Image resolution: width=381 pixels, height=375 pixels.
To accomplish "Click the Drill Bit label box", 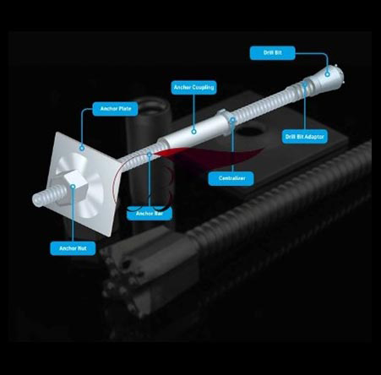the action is [272, 53].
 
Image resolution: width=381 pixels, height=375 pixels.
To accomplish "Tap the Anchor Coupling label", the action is [193, 88].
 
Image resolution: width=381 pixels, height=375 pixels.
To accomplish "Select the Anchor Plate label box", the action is [115, 109].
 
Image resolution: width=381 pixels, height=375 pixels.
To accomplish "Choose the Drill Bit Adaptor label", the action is [305, 137].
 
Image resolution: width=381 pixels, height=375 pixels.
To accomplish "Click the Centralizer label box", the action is [231, 178].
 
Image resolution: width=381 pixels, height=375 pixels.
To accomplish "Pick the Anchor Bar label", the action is [150, 214].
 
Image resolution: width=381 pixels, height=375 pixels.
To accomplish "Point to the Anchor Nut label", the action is [73, 248].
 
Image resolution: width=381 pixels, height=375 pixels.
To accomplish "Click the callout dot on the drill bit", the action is [327, 74].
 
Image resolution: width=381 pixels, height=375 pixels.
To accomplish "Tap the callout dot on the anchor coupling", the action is [193, 131].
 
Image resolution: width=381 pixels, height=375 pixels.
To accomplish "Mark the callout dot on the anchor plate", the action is [82, 148].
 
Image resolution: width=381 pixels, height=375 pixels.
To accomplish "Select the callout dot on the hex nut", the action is [73, 187].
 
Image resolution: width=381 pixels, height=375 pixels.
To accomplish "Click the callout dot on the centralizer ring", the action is [232, 120].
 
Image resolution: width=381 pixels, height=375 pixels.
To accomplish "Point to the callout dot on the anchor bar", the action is [150, 155].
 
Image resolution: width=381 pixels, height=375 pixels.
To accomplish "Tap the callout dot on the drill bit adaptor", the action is [305, 84].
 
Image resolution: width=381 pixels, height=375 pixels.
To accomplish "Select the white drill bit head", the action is [329, 78].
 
